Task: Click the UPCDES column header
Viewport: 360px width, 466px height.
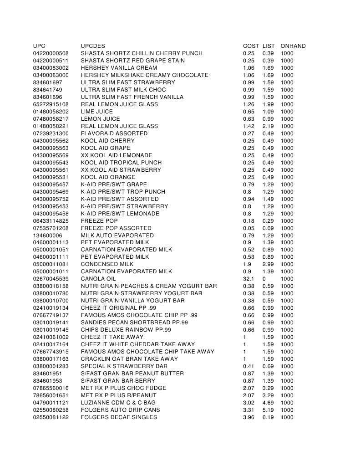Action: (x=93, y=46)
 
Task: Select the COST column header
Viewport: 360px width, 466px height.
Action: (x=251, y=46)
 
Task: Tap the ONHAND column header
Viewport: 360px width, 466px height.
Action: (x=293, y=46)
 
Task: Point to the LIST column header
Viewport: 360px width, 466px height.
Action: (x=269, y=46)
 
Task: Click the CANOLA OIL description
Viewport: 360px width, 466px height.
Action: (x=98, y=279)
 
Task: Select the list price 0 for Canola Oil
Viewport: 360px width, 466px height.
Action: (x=264, y=279)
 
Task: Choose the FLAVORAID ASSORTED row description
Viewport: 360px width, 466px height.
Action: (x=114, y=133)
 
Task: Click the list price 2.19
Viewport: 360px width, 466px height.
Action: (x=268, y=126)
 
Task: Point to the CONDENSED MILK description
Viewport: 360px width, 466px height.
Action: (x=107, y=264)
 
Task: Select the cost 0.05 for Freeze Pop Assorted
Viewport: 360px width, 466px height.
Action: (x=248, y=228)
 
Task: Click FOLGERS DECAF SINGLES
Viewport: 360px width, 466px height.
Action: (x=119, y=417)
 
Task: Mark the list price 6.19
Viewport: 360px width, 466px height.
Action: (x=268, y=417)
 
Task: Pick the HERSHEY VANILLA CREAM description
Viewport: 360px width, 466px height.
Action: (x=119, y=68)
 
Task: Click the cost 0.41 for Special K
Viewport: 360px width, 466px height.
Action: (x=248, y=366)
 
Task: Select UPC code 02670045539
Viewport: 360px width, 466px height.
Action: (x=51, y=279)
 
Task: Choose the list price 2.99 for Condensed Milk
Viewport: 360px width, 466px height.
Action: (x=268, y=264)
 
